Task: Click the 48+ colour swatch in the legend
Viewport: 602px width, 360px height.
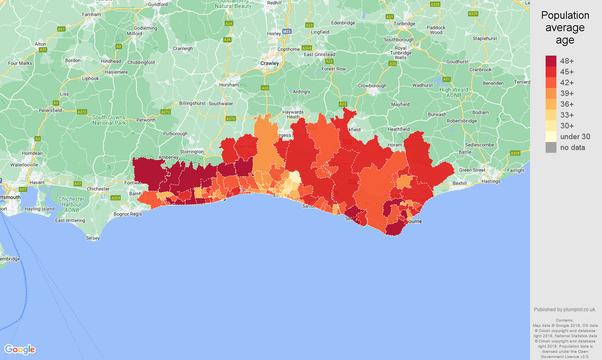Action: [551, 61]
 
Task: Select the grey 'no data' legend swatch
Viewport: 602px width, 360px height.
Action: [551, 147]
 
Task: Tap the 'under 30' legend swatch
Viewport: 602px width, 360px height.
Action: [551, 136]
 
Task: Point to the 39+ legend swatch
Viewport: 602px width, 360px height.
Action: [551, 93]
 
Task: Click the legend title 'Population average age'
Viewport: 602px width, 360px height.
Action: [565, 28]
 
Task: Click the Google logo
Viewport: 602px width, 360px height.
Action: [20, 350]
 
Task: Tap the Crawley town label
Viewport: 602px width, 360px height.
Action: [270, 63]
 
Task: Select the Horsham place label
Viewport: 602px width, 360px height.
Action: [229, 85]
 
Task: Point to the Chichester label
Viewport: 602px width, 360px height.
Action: [98, 189]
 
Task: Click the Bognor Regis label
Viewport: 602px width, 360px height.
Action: [128, 214]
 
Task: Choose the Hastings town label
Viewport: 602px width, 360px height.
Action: [491, 181]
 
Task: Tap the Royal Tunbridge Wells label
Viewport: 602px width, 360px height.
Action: [400, 53]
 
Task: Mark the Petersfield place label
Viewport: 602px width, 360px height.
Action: [50, 110]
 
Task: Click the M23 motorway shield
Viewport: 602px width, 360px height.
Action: [286, 32]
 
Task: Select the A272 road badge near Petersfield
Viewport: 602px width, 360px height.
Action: [82, 112]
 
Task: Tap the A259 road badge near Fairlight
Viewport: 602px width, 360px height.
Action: [515, 153]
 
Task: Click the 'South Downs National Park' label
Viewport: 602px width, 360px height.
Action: [109, 120]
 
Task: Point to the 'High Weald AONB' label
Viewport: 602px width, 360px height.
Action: [454, 92]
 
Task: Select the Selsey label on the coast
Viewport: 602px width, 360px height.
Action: [93, 238]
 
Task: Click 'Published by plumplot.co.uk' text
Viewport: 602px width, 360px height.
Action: [565, 310]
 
